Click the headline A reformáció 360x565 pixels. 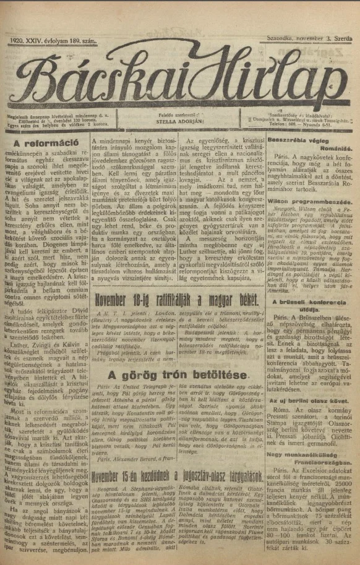45,144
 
